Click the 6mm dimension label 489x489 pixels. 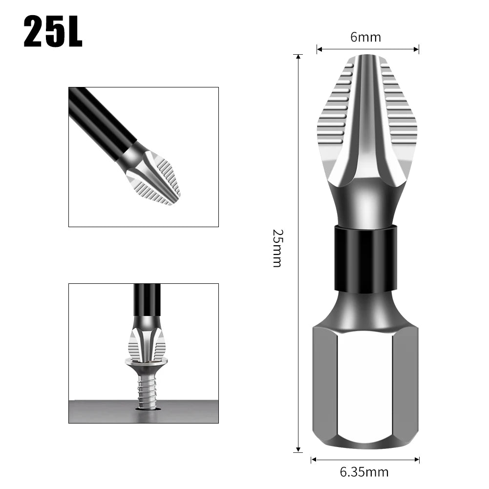365,37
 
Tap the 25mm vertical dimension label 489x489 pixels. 277,248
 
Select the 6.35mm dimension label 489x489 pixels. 364,472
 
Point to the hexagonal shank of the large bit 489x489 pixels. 365,386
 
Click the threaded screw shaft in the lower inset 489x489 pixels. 147,391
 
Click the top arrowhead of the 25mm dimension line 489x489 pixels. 298,57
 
